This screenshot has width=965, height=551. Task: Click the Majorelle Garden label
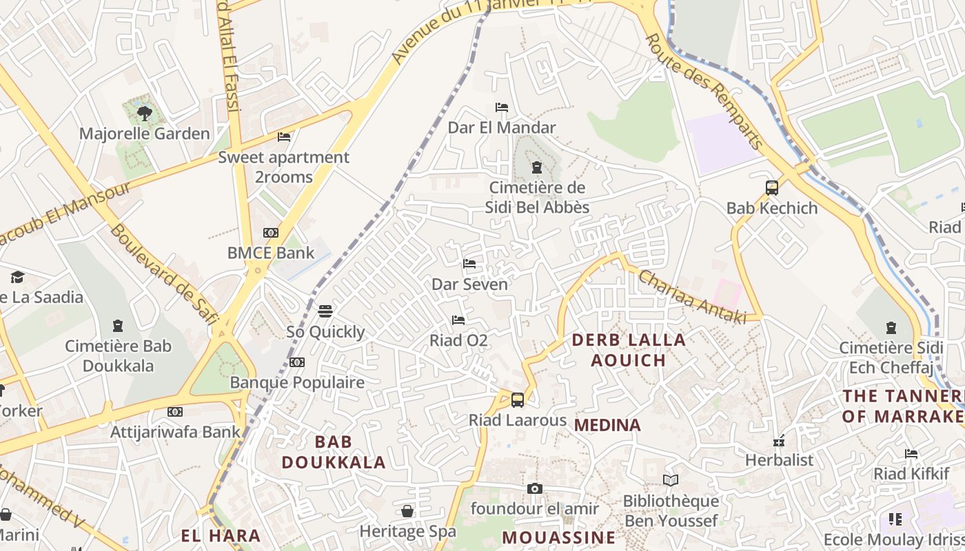tap(144, 134)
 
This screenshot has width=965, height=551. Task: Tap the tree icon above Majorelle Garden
tap(144, 113)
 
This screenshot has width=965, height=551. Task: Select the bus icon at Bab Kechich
tap(772, 187)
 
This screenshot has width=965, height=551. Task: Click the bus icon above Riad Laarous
tap(518, 399)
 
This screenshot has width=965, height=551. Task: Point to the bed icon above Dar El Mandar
tap(502, 107)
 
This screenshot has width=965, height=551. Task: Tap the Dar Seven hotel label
tap(469, 284)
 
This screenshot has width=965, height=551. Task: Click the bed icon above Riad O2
tap(458, 320)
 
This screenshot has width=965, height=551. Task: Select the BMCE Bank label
tap(271, 253)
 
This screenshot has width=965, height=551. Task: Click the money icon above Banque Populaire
tap(297, 362)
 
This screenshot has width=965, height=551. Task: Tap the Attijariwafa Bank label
tap(175, 433)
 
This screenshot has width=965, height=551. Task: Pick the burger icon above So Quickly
tap(325, 311)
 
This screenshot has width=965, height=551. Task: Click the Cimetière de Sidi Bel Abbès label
tap(537, 197)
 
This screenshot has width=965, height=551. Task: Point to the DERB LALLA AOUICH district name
tap(629, 350)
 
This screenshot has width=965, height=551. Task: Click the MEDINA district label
tap(607, 425)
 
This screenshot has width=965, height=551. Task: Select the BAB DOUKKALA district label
tap(333, 452)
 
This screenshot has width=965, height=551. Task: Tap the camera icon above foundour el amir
tap(534, 489)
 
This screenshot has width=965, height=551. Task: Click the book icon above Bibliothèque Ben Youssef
tap(671, 480)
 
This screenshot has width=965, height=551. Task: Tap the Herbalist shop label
tap(779, 459)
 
